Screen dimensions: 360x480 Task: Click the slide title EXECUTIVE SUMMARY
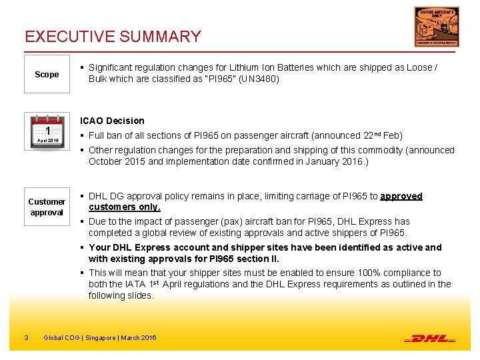coord(113,37)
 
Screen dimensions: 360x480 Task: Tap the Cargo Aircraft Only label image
coord(436,27)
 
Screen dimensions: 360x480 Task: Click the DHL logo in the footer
coord(430,338)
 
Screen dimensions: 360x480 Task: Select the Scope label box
coord(47,74)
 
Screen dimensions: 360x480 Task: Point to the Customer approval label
coord(47,207)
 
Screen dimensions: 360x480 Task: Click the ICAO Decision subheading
coord(112,121)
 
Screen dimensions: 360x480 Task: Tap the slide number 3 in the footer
coord(25,338)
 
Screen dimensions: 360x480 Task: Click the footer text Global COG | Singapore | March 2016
coord(100,338)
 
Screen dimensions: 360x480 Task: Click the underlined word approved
coord(401,196)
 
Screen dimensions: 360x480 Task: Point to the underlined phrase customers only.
coord(125,207)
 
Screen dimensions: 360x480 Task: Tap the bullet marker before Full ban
coord(82,135)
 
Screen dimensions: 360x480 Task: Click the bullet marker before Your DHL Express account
coord(82,247)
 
